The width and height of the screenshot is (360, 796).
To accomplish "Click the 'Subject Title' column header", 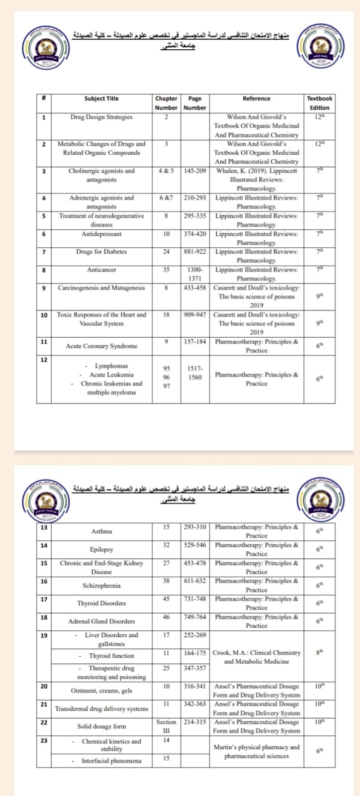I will (x=101, y=99).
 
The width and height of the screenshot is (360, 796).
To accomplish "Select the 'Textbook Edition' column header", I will (x=319, y=103).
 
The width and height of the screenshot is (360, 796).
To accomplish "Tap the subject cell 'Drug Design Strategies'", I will (x=101, y=117).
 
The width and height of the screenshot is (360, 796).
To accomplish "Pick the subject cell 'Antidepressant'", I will (x=101, y=234).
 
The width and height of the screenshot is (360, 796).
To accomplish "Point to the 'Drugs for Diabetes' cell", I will (x=101, y=252).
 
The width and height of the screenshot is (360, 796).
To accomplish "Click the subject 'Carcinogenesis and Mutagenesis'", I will (x=101, y=288).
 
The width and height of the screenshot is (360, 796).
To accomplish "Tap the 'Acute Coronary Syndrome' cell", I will (x=101, y=346).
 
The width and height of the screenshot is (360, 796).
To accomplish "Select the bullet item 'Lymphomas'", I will (x=111, y=366).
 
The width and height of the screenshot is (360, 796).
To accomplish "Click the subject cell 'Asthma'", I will (x=101, y=531).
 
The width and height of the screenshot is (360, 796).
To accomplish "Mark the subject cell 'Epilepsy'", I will (x=101, y=550).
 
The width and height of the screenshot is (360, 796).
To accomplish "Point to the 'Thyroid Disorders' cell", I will (x=101, y=603).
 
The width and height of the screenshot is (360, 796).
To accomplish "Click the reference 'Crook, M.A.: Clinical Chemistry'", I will (x=257, y=653).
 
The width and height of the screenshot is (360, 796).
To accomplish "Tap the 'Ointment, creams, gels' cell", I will (x=101, y=691).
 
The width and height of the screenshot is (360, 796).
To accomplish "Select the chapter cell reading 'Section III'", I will (x=166, y=726).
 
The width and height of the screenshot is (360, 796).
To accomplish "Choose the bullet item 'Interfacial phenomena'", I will (x=111, y=761).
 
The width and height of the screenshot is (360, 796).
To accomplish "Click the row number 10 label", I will (x=44, y=315).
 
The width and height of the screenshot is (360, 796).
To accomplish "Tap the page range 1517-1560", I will (x=195, y=373).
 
